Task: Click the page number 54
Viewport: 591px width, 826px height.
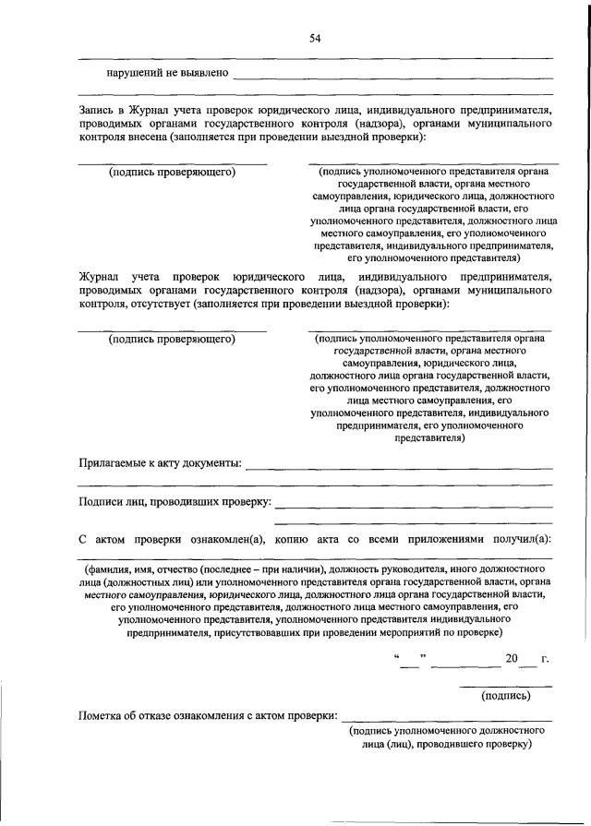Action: tap(314, 38)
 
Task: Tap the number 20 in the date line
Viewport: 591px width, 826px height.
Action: tap(513, 659)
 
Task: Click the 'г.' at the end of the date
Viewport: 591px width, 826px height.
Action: tap(546, 659)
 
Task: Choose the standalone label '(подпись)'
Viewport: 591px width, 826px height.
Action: tap(505, 696)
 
